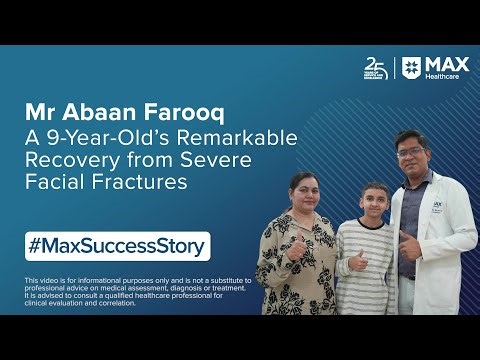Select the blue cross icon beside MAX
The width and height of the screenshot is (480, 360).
pyautogui.click(x=411, y=68)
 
